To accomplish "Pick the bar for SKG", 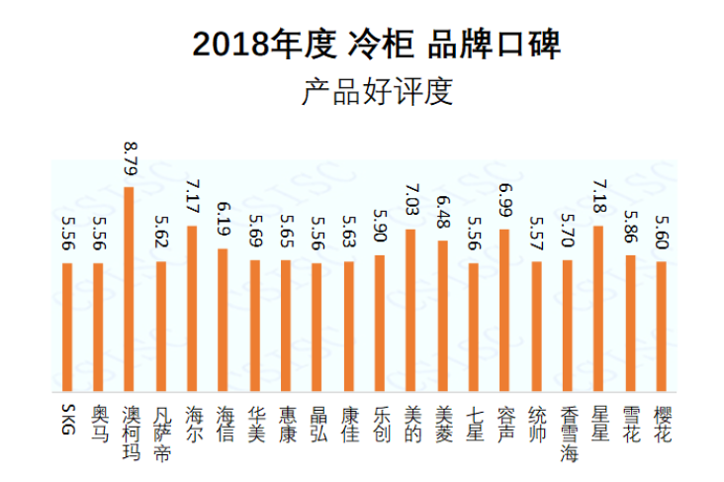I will pyautogui.click(x=66, y=327).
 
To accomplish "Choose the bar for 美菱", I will pyautogui.click(x=442, y=317).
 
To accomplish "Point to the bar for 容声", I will pyautogui.click(x=504, y=311).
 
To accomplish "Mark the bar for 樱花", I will pyautogui.click(x=661, y=327).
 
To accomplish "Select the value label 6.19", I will pyautogui.click(x=224, y=224).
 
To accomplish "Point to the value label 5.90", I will pyautogui.click(x=380, y=231).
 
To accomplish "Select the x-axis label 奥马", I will pyautogui.click(x=98, y=424).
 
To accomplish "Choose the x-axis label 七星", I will pyautogui.click(x=474, y=424).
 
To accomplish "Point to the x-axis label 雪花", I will pyautogui.click(x=630, y=424).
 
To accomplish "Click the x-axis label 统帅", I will pyautogui.click(x=536, y=424).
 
